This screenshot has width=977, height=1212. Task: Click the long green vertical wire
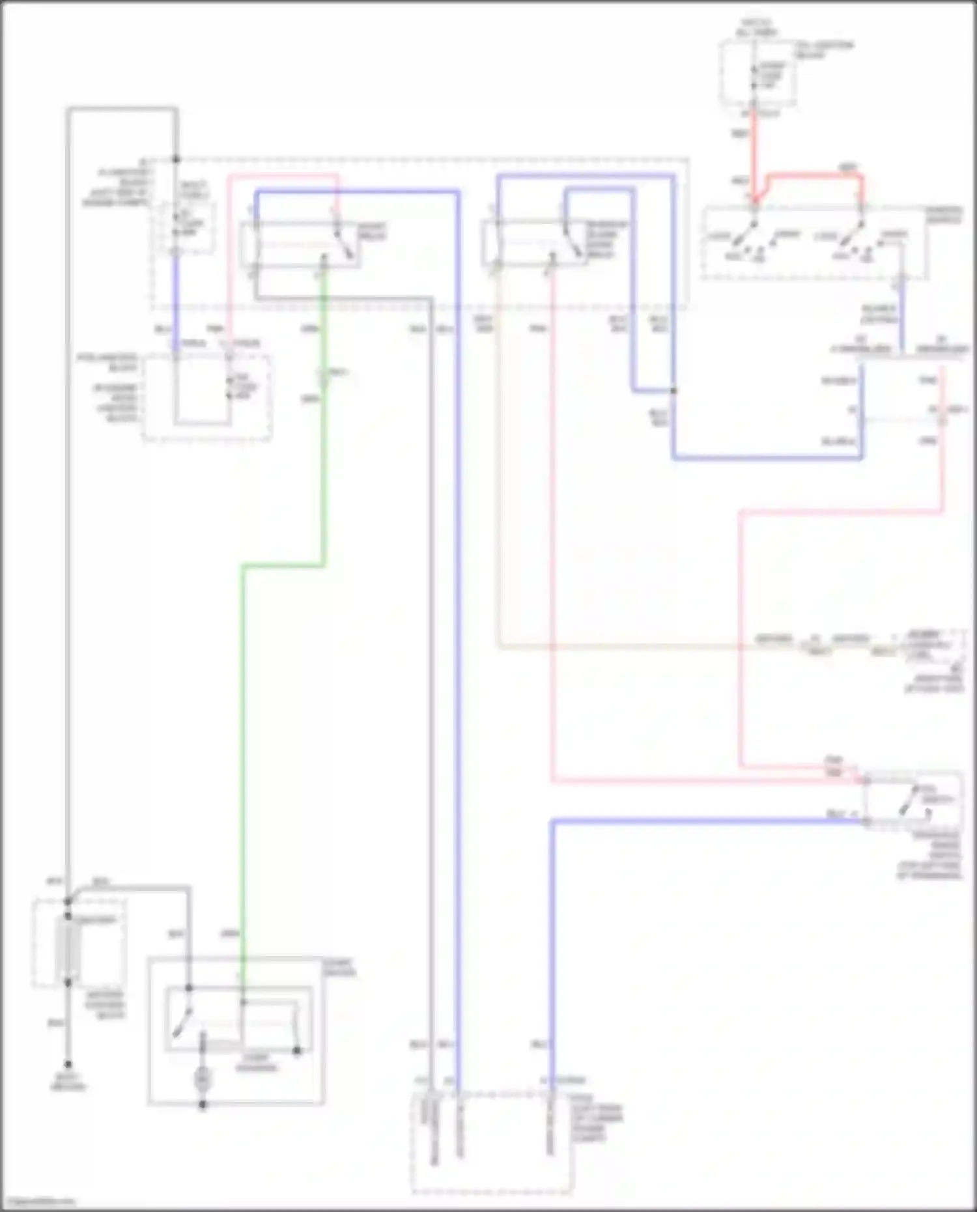242,749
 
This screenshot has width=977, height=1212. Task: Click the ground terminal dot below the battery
67,1061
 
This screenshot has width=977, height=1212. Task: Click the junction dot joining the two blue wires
673,391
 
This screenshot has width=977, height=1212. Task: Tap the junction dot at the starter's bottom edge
203,1105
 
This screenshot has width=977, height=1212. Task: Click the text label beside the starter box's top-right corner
340,968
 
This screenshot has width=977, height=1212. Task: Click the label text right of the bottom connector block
597,1123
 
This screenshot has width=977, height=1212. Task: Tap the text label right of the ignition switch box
944,214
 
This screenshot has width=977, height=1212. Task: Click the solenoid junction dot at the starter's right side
297,1050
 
